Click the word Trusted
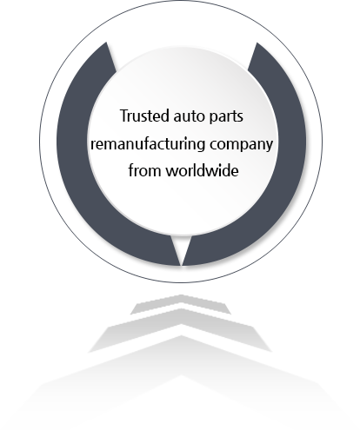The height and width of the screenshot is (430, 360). point(144,116)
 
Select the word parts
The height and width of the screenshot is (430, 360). point(226,117)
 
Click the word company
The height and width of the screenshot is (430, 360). point(242,145)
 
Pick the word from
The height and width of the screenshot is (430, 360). point(144,170)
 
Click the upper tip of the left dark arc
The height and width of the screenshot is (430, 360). point(106,43)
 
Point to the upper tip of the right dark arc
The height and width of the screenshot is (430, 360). point(257,43)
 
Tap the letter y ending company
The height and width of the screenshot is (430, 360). point(270,147)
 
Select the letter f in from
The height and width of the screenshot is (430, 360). point(131,170)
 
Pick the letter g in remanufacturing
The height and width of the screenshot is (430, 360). point(202,146)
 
